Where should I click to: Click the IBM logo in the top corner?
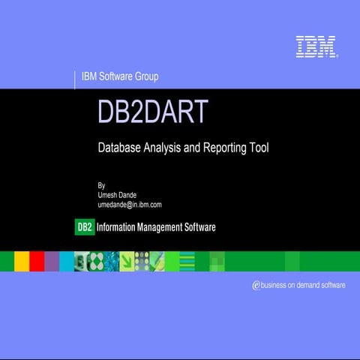point(316,46)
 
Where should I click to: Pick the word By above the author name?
point(101,184)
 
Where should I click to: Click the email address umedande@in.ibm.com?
point(130,204)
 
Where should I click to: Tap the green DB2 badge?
point(85,227)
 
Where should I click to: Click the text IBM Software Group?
point(120,76)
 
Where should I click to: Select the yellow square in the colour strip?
point(22,260)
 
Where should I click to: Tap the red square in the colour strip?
point(37,260)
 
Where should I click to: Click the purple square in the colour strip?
point(52,260)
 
